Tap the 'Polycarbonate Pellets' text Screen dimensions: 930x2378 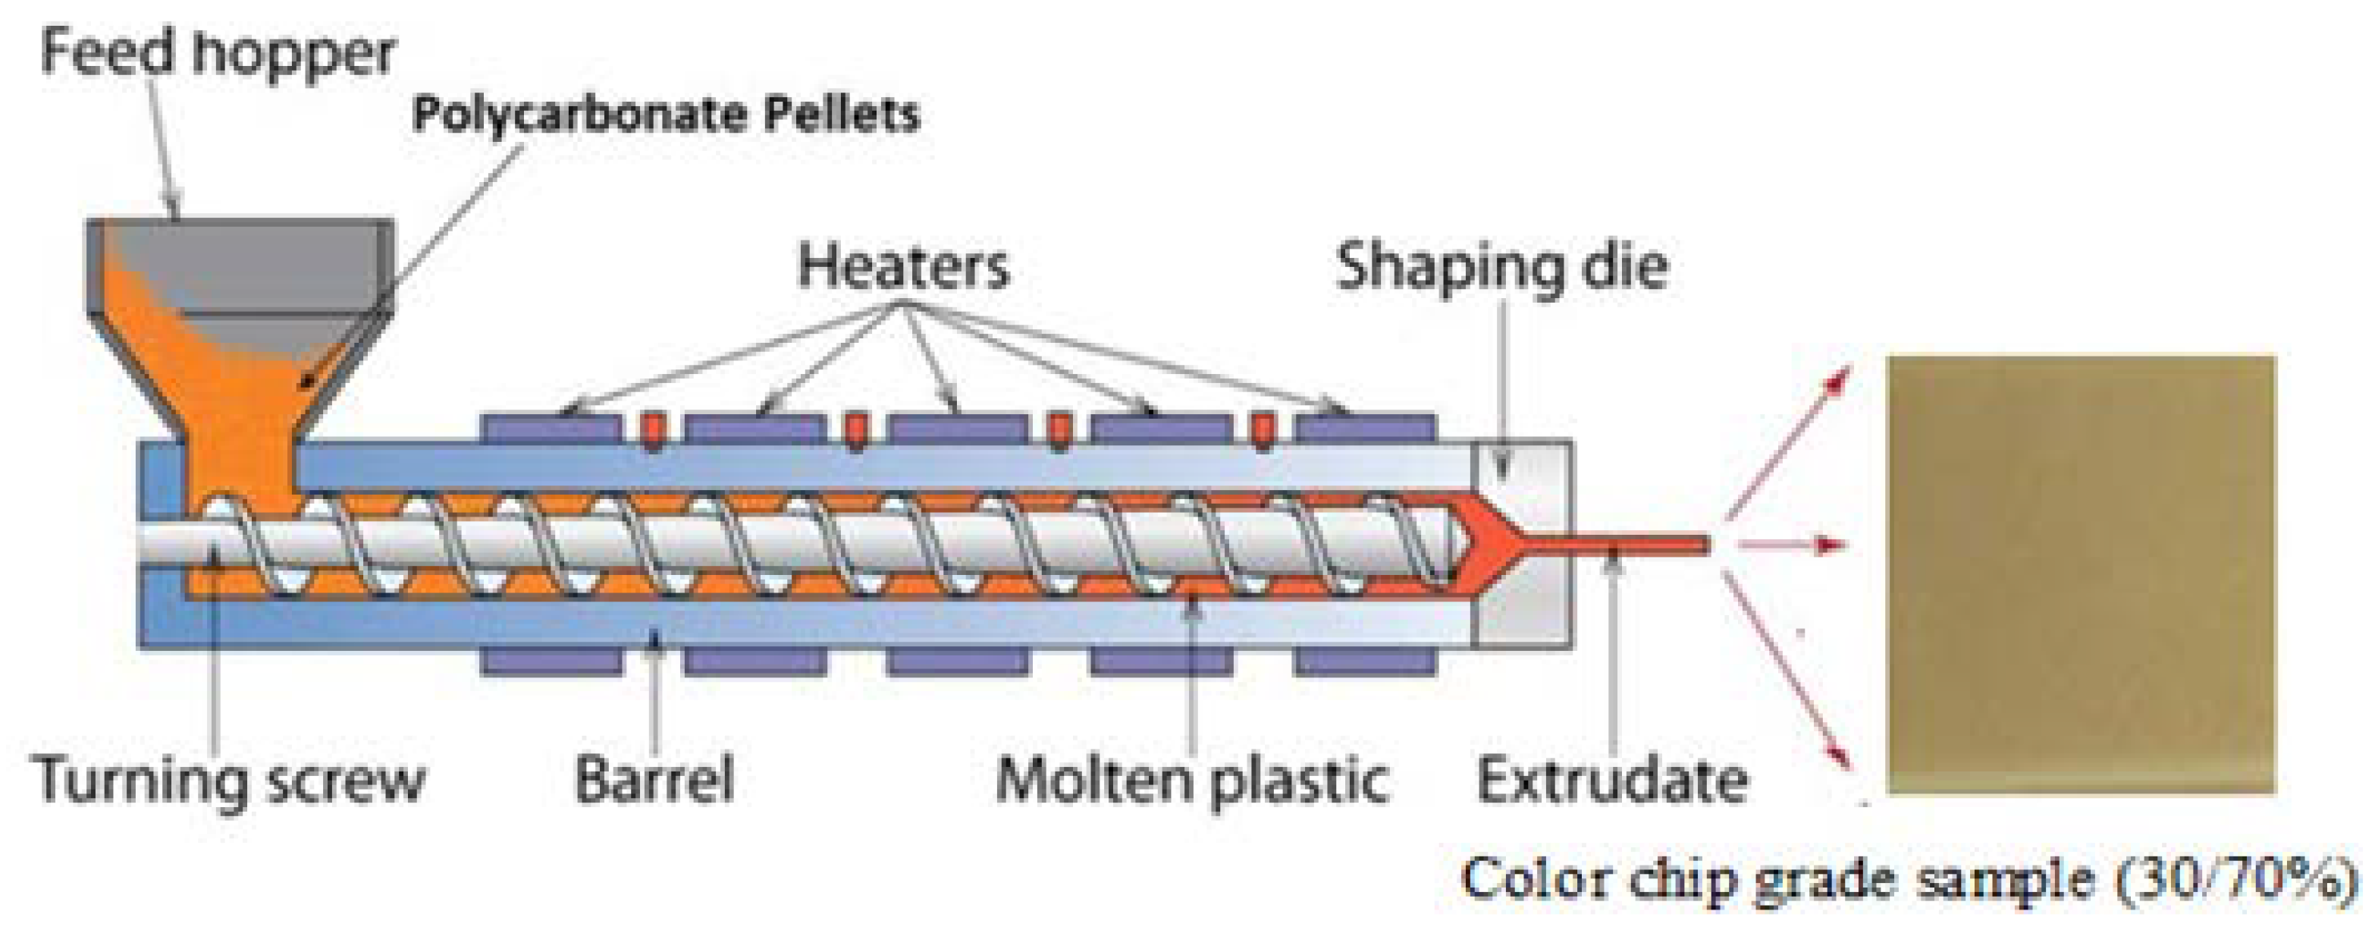(x=666, y=115)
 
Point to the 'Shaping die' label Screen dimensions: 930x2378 (x=1502, y=268)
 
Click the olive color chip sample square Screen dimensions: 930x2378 (x=2081, y=574)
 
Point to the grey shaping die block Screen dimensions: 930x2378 (x=1523, y=610)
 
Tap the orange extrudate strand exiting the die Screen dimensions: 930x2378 (x=1625, y=544)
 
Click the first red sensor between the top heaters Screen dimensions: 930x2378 (x=654, y=430)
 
